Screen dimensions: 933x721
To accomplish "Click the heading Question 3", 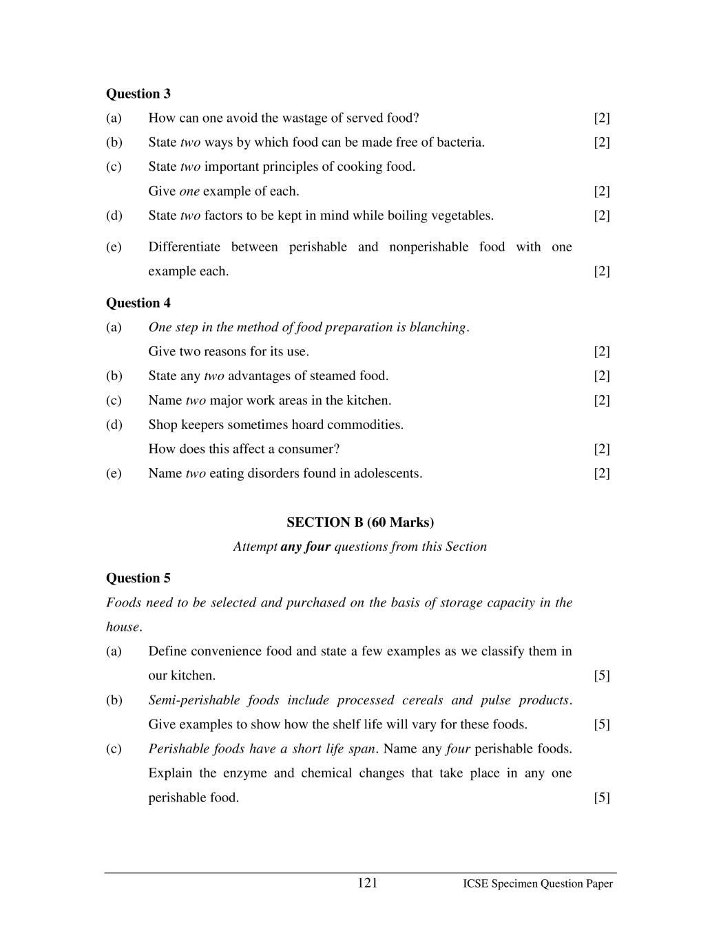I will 138,94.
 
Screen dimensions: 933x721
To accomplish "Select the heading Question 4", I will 138,303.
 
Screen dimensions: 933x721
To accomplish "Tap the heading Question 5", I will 138,578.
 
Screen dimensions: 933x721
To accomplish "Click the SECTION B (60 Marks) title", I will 360,522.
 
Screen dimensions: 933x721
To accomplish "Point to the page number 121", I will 367,883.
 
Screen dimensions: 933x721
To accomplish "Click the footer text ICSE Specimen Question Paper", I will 537,884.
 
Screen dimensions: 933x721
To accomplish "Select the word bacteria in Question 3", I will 460,143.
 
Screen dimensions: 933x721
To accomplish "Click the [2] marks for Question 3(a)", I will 601,118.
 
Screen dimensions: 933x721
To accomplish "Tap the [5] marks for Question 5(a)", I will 601,675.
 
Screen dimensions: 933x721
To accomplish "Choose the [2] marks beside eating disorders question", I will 601,474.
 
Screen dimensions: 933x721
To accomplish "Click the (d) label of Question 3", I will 114,216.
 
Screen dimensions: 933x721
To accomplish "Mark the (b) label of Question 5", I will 114,700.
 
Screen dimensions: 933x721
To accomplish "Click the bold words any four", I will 305,547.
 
